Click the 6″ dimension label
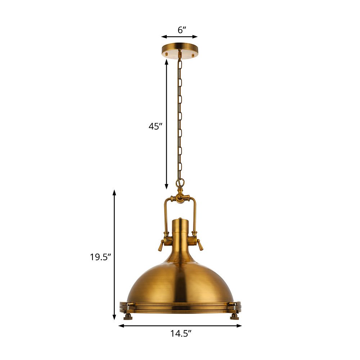(x=182, y=30)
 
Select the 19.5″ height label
(x=100, y=257)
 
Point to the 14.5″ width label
(x=180, y=334)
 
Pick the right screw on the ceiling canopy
(x=193, y=55)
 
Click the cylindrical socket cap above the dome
(x=180, y=230)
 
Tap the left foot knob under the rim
(x=128, y=317)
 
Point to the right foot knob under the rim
(x=234, y=317)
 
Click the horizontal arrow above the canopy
(x=179, y=36)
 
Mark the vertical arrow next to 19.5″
(x=114, y=255)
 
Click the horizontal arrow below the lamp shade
(x=180, y=326)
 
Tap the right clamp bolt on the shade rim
(x=234, y=305)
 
